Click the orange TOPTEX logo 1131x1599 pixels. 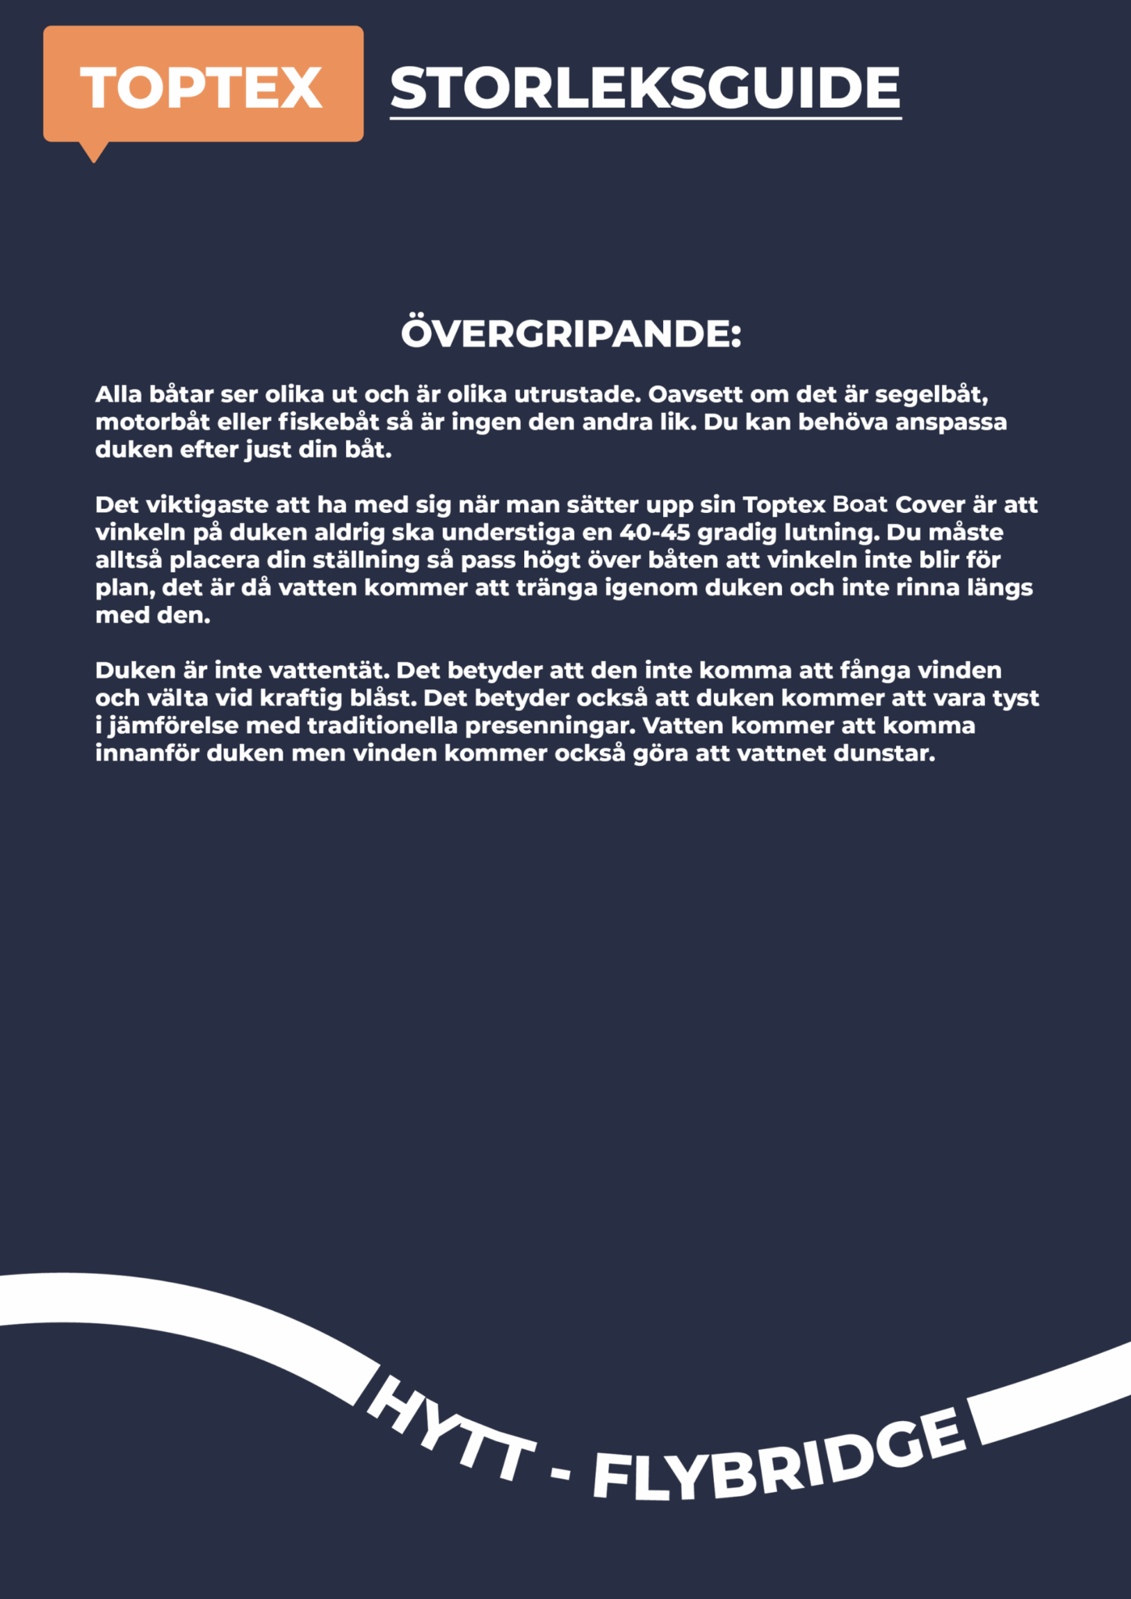tap(202, 86)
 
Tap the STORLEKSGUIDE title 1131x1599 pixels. tap(645, 87)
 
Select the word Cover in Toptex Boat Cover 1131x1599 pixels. tap(929, 505)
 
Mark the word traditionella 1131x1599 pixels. tap(382, 726)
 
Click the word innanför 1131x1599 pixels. tap(147, 754)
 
